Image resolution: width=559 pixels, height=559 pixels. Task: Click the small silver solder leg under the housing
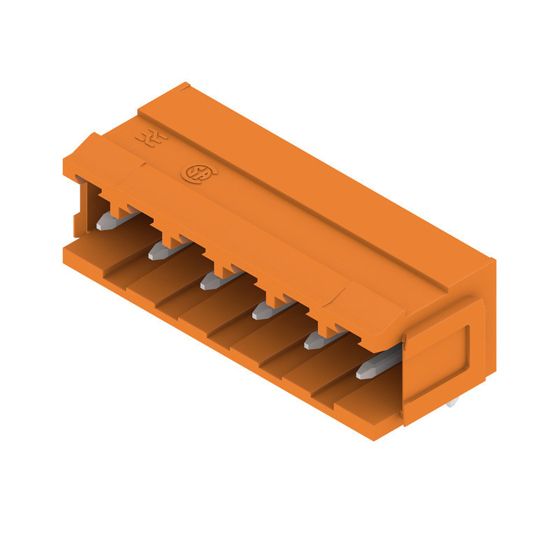[x=453, y=403]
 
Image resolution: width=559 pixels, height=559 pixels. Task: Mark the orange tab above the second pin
[x=170, y=238]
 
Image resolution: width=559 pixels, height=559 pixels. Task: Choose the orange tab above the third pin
[x=224, y=268]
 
